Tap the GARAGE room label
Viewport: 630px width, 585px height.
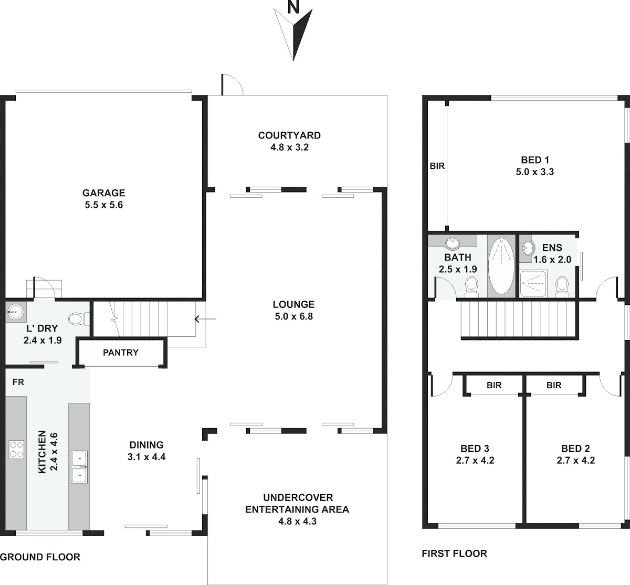(x=104, y=193)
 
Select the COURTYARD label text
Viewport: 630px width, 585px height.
(x=289, y=135)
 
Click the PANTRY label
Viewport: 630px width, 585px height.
(x=121, y=353)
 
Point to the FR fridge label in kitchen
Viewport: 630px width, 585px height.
(x=18, y=382)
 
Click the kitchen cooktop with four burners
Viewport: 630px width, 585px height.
(x=16, y=450)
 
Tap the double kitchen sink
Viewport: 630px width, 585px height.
(x=79, y=467)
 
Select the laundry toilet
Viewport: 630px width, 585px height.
(x=79, y=318)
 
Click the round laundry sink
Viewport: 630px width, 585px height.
(x=15, y=312)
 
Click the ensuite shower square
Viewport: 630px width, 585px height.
(x=533, y=283)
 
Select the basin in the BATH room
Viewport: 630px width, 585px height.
(x=453, y=243)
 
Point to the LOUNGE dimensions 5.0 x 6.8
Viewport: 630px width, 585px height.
(x=294, y=316)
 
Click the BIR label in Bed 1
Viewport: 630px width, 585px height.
(x=437, y=166)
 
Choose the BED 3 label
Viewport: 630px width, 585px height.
(x=475, y=449)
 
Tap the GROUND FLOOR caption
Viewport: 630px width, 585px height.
(x=40, y=557)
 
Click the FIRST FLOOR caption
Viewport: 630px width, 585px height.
(x=454, y=554)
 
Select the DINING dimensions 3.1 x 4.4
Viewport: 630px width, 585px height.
(x=146, y=457)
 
